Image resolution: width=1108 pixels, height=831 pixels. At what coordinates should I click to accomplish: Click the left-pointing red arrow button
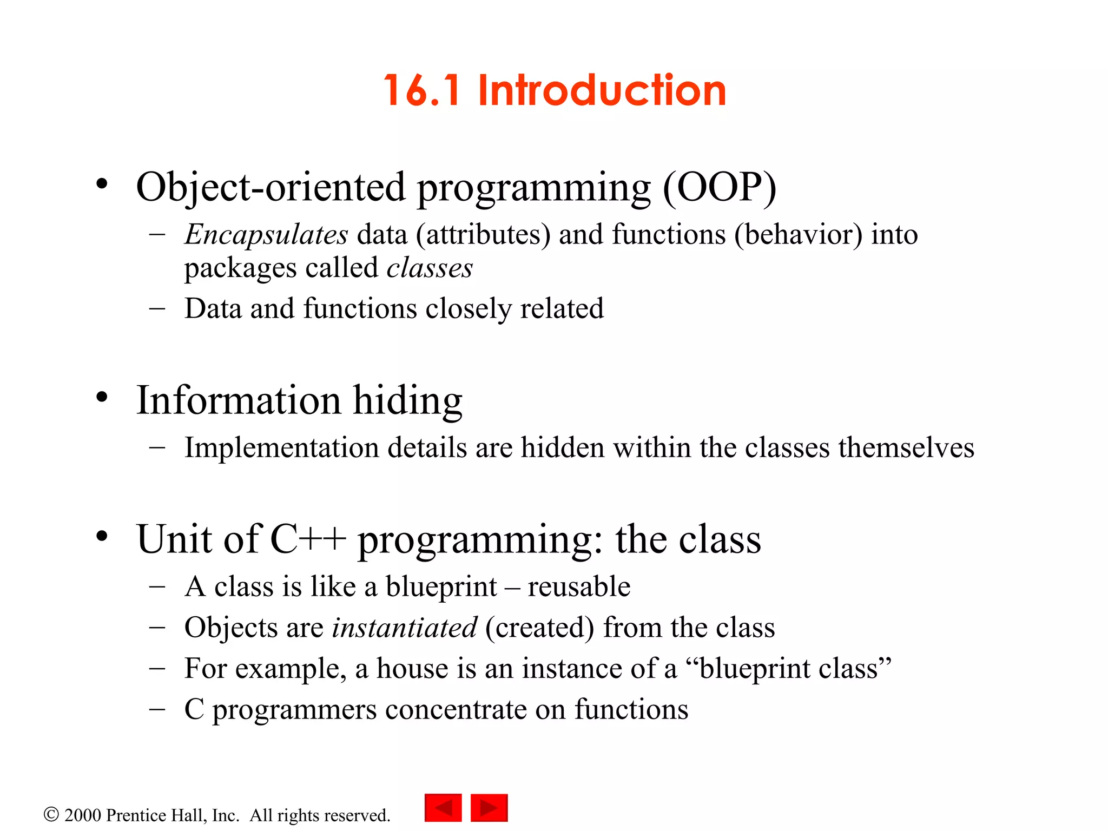click(x=443, y=808)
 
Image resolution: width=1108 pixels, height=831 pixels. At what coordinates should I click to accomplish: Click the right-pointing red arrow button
click(x=489, y=808)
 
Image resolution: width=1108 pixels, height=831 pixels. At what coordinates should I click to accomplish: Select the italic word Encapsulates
click(x=266, y=235)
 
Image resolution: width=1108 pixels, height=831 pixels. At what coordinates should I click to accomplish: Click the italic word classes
click(x=430, y=268)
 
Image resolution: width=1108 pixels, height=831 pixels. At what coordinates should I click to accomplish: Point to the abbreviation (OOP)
click(x=720, y=187)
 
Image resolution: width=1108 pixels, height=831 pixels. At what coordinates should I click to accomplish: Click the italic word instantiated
click(x=404, y=628)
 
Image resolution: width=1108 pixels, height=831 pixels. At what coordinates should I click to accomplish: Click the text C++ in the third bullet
click(x=308, y=539)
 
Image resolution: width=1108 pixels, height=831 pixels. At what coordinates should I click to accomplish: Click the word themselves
click(x=906, y=448)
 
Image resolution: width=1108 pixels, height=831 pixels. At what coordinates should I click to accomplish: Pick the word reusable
click(x=579, y=587)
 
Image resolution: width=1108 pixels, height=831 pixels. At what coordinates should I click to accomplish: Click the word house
click(x=412, y=669)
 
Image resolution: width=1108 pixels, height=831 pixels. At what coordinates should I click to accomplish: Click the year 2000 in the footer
click(x=82, y=815)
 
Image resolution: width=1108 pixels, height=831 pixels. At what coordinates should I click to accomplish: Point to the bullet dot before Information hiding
click(x=102, y=398)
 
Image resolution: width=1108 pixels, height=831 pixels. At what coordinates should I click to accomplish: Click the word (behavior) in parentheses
click(x=798, y=235)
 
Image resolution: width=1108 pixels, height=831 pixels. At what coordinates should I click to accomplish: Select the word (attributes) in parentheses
click(x=483, y=235)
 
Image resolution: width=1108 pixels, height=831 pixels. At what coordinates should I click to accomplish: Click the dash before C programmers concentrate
click(x=157, y=709)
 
